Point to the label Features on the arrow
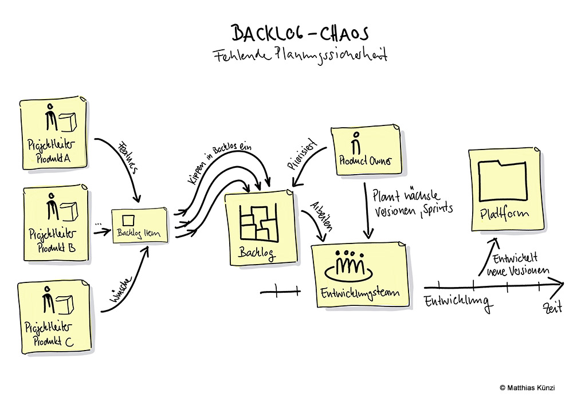click(x=127, y=155)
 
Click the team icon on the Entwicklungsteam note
click(x=350, y=265)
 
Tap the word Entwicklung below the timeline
click(x=457, y=301)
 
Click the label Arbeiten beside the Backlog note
click(x=320, y=217)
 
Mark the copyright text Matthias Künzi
click(x=527, y=388)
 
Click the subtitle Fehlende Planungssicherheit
click(x=300, y=56)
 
